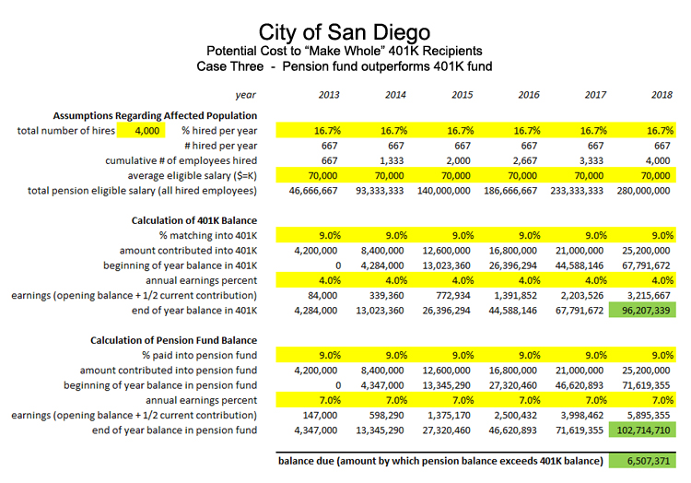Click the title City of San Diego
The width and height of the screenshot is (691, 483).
pos(345,32)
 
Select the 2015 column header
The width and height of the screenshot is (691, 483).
pos(462,95)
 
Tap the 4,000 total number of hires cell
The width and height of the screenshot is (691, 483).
pos(141,131)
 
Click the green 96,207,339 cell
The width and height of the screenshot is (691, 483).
pos(642,311)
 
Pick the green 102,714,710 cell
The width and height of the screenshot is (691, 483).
pos(642,430)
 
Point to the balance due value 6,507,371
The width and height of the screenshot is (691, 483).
pos(642,461)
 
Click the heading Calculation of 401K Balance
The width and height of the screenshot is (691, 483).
pos(193,220)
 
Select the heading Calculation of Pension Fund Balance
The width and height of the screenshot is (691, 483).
pos(173,340)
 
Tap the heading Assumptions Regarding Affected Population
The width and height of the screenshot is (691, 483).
pos(155,115)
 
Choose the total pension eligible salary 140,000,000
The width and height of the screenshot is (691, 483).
pos(444,191)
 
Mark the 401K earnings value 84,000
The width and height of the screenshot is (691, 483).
pos(322,296)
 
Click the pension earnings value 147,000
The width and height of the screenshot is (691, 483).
pos(320,416)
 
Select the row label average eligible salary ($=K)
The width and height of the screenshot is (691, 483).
pos(193,176)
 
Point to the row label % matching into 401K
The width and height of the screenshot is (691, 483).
pos(208,236)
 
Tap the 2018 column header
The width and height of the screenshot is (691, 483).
pos(662,95)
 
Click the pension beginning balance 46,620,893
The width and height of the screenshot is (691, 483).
pos(580,385)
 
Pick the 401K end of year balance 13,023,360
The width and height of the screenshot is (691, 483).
pos(380,311)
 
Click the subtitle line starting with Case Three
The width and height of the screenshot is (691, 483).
pos(345,66)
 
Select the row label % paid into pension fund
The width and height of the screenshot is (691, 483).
pos(199,356)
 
